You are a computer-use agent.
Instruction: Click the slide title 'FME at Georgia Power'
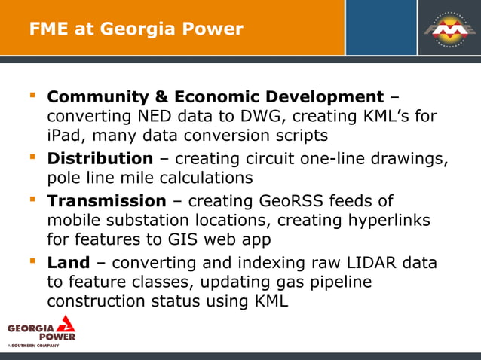click(x=136, y=29)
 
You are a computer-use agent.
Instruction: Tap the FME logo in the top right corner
click(x=449, y=28)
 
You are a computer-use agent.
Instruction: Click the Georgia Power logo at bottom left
click(x=41, y=330)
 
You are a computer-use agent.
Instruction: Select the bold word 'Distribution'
click(x=100, y=159)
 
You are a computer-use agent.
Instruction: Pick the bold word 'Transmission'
click(x=106, y=201)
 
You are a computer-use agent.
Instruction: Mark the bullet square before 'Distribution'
click(x=32, y=157)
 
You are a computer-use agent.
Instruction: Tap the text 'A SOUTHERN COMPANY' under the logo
click(x=33, y=346)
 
